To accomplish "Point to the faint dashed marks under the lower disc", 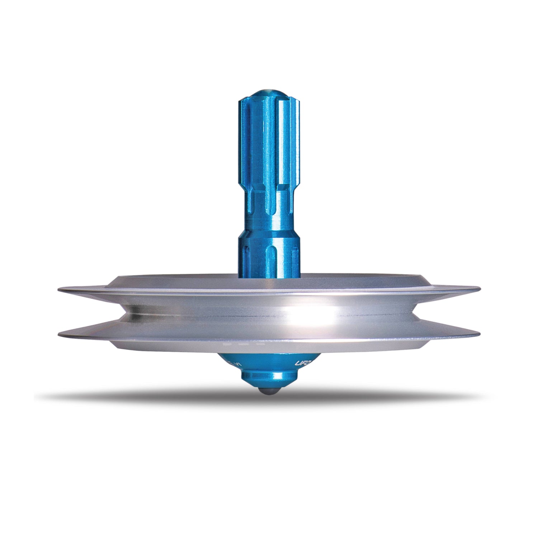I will (244, 344).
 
